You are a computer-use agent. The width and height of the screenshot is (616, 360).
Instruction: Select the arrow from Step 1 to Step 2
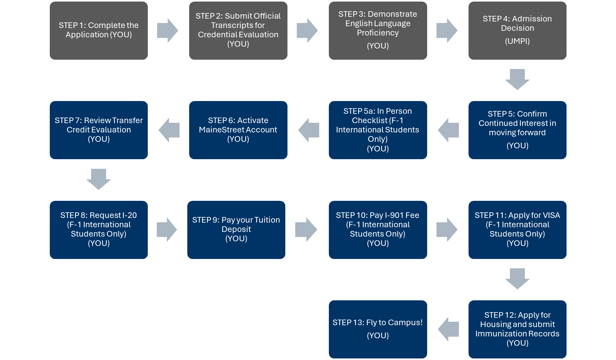(x=168, y=30)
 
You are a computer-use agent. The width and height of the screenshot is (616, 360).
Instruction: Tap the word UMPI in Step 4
(x=517, y=41)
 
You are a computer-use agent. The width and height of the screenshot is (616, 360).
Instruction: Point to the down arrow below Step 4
(x=517, y=80)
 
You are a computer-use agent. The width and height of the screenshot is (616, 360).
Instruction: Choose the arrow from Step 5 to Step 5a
(x=448, y=130)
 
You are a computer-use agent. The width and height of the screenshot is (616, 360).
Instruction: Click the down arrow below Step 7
(x=99, y=179)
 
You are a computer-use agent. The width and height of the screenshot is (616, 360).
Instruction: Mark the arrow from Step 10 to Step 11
(x=447, y=229)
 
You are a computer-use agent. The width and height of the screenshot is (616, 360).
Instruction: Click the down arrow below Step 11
(x=517, y=279)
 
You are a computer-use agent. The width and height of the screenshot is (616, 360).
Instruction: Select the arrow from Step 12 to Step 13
(x=448, y=329)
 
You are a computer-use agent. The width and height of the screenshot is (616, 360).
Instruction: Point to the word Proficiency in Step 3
(x=378, y=33)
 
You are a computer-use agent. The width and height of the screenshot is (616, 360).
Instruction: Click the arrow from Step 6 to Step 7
(x=169, y=130)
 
